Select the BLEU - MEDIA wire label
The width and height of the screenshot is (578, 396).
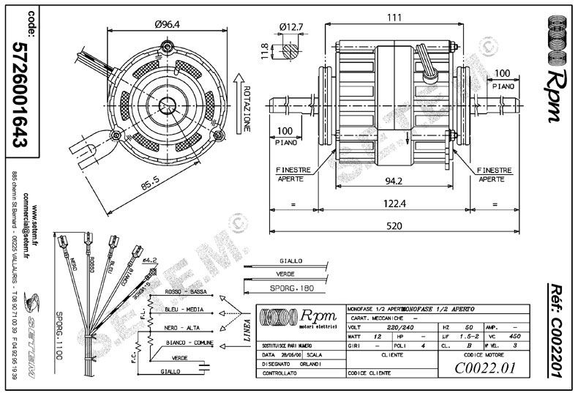tap(179, 310)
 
